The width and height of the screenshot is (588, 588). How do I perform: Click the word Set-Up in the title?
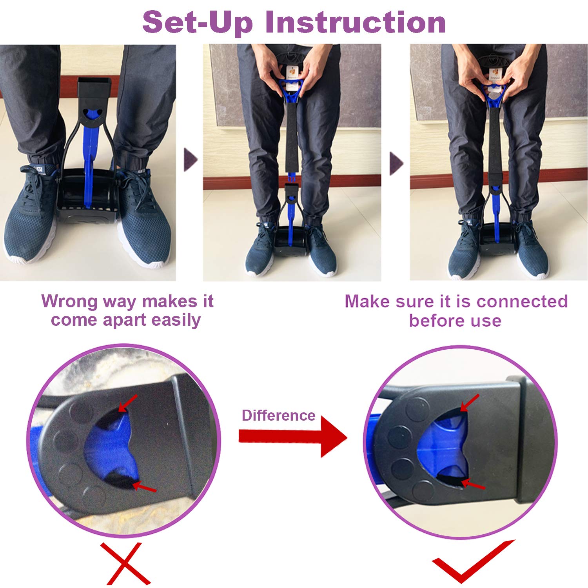pyautogui.click(x=197, y=22)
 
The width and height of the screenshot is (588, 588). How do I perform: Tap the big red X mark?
pyautogui.click(x=125, y=564)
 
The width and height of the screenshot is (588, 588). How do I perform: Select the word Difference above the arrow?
pyautogui.click(x=278, y=415)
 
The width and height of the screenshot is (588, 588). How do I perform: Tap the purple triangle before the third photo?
pyautogui.click(x=396, y=163)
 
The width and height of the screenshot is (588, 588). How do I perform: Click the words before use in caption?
pyautogui.click(x=455, y=321)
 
